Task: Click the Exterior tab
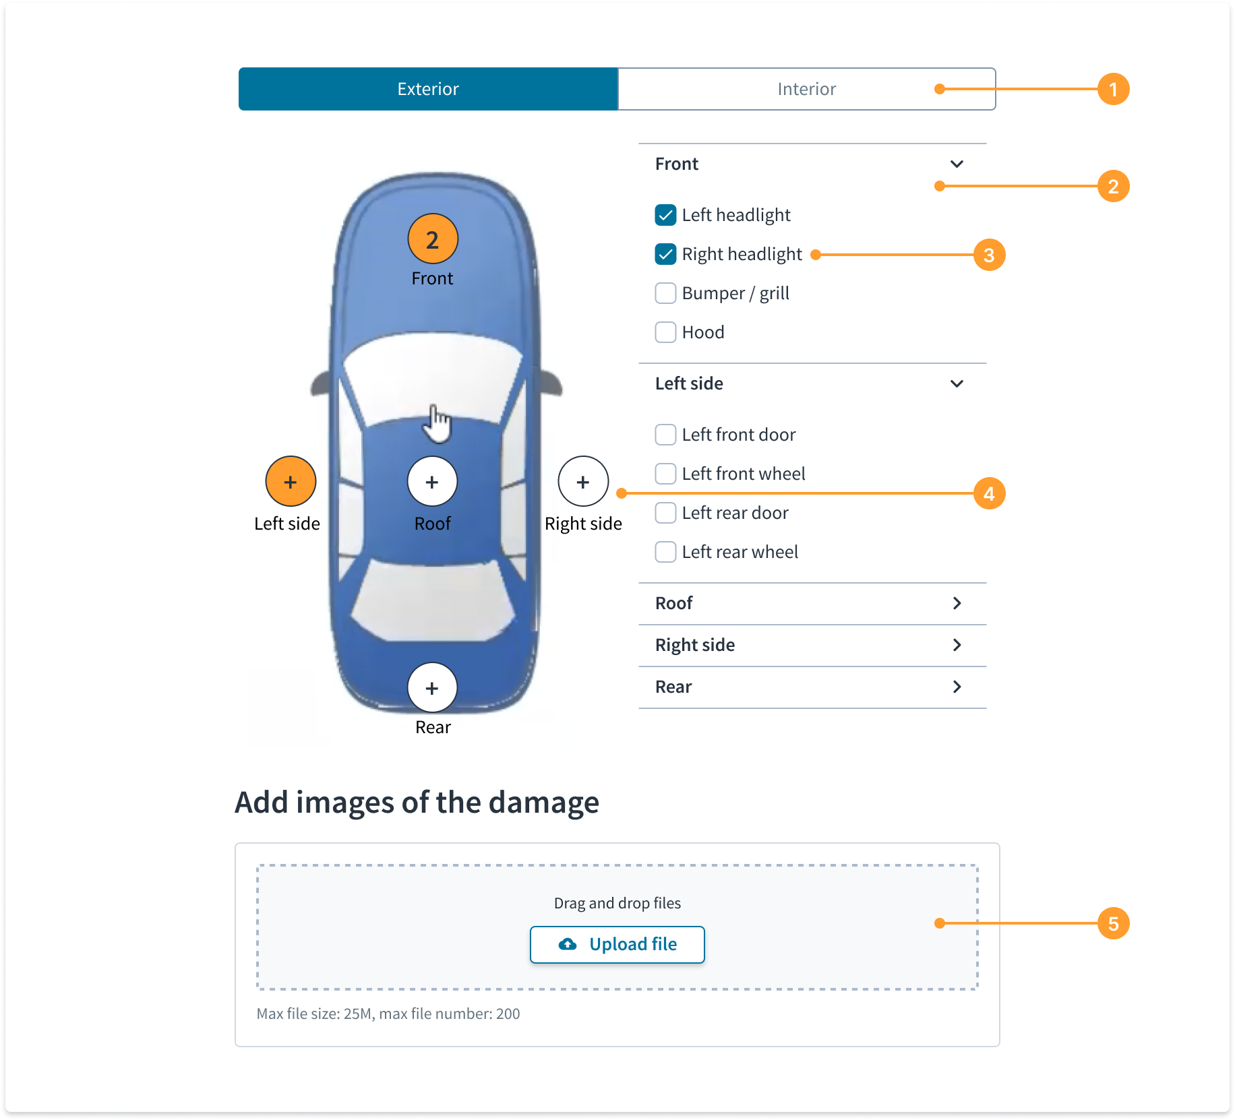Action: pos(428,89)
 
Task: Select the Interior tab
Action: pos(807,89)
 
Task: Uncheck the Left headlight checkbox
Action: pos(665,215)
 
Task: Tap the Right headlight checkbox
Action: pos(665,254)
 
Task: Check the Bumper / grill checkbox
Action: pos(665,293)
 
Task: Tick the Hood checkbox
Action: pos(665,332)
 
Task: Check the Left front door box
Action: pos(665,435)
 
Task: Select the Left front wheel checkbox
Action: pos(665,474)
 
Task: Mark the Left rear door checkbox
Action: pos(665,513)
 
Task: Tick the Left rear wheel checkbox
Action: pos(665,552)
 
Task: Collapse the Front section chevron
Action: pos(957,164)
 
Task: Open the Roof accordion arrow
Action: pos(957,603)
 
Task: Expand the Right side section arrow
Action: pos(957,645)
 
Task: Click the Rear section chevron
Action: pos(957,687)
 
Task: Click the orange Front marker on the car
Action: pos(433,239)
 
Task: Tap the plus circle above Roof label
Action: pos(432,482)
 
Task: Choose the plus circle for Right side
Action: pos(583,482)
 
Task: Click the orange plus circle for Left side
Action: pos(291,482)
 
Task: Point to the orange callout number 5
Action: pos(1113,923)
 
